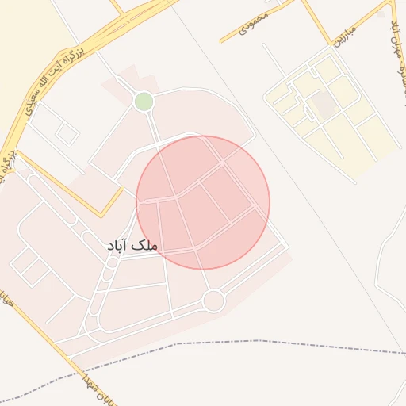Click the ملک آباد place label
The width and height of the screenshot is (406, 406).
(132, 246)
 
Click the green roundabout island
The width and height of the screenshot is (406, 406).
(144, 101)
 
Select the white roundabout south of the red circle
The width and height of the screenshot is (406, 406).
(213, 301)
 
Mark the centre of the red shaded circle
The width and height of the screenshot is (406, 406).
(203, 202)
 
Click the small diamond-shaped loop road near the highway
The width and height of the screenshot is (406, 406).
(67, 135)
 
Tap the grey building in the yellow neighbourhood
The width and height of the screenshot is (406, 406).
(323, 104)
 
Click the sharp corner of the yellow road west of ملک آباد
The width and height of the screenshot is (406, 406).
(101, 216)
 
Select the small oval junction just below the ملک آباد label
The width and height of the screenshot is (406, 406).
(112, 262)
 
